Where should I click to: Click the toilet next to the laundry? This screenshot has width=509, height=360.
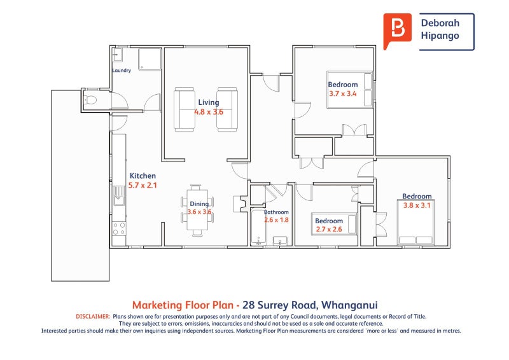click(91, 100)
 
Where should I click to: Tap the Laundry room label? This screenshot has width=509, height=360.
click(122, 70)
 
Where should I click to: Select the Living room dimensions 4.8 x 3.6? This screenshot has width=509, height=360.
click(209, 112)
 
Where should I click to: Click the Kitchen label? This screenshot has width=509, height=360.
click(143, 176)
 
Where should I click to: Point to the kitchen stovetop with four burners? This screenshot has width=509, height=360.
click(119, 228)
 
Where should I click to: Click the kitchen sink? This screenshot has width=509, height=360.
click(119, 196)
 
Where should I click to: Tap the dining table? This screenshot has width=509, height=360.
click(197, 210)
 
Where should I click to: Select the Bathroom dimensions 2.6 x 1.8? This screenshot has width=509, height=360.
click(276, 220)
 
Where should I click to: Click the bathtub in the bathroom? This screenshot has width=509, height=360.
click(258, 228)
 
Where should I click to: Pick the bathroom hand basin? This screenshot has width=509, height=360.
click(280, 241)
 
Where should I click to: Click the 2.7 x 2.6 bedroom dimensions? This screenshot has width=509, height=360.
click(329, 229)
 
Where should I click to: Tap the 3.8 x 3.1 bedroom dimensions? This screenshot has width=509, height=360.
click(417, 205)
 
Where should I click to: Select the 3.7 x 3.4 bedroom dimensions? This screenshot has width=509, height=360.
click(343, 93)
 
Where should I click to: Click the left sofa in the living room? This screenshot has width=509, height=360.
click(185, 109)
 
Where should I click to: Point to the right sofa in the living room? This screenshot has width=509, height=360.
click(227, 109)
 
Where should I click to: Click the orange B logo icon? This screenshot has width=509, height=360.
click(397, 30)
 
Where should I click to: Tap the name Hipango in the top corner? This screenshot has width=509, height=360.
click(440, 36)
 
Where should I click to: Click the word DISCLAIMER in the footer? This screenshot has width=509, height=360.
click(93, 317)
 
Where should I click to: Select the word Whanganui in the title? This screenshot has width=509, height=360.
click(349, 305)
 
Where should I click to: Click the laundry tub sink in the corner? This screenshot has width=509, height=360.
click(117, 55)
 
